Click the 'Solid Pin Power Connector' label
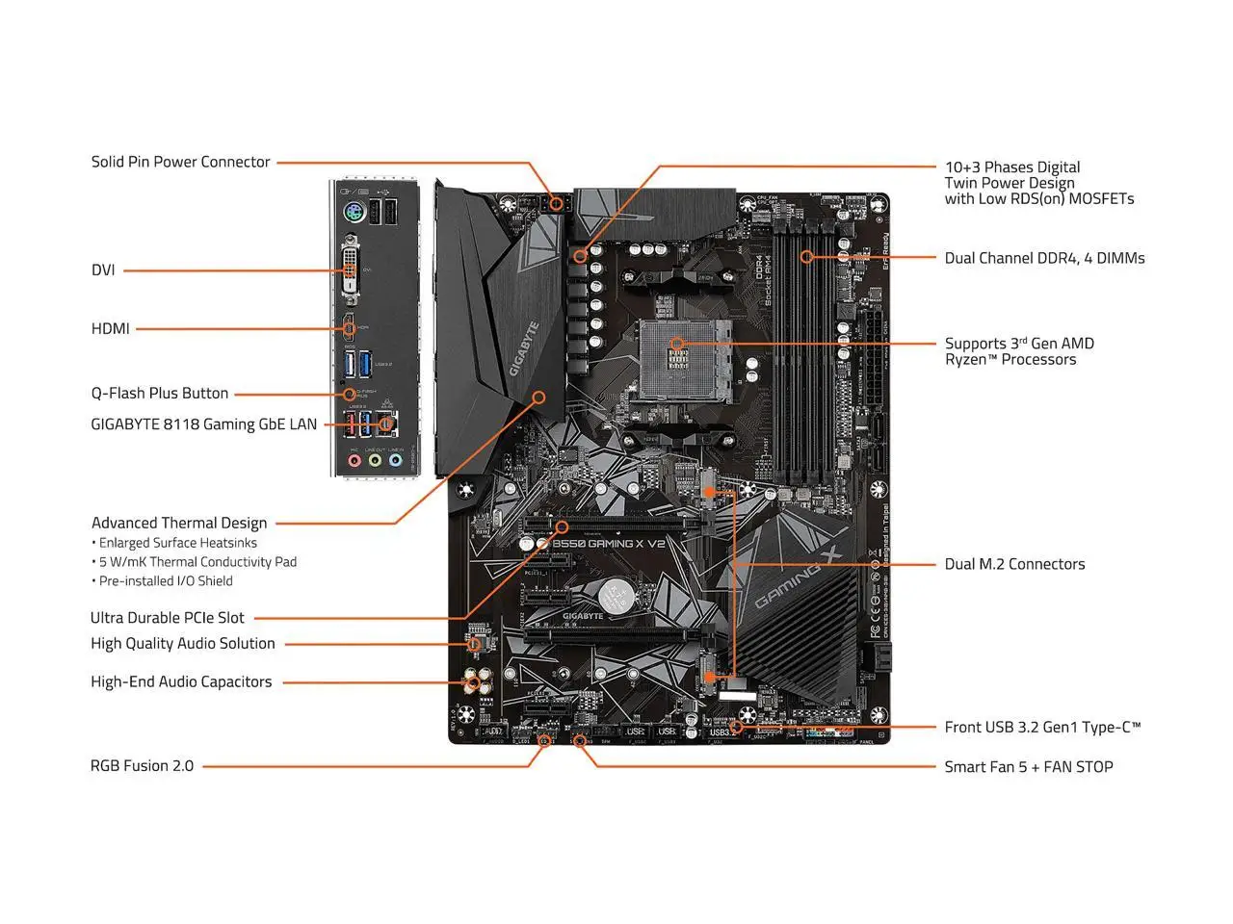tap(180, 162)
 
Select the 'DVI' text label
tap(103, 270)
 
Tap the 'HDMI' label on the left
tap(110, 329)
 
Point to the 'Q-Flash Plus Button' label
tap(160, 394)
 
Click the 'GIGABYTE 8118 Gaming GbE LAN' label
tap(203, 424)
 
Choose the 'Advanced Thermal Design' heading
tap(179, 523)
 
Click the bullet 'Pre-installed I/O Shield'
tap(166, 581)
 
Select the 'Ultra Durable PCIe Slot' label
tap(168, 618)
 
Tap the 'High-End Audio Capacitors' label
tap(181, 682)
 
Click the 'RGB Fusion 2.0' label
tap(142, 766)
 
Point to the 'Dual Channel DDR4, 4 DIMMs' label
tap(1044, 258)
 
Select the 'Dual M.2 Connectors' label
tap(1014, 564)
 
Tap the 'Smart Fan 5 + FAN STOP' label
tap(1028, 767)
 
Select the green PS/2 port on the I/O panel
tap(352, 214)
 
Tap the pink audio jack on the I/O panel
tap(354, 461)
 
